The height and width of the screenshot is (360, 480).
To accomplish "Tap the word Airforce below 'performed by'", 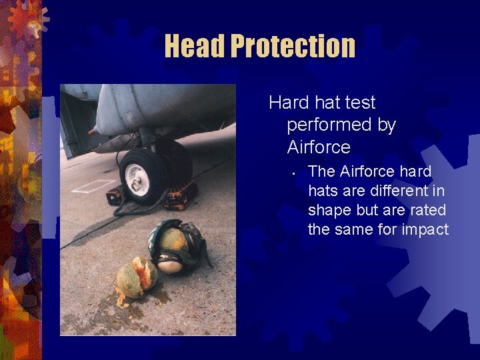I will pyautogui.click(x=319, y=145).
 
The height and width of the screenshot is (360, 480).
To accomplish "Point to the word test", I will pyautogui.click(x=360, y=103).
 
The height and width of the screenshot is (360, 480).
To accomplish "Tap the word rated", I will pyautogui.click(x=427, y=211).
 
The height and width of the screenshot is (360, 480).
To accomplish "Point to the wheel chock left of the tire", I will pyautogui.click(x=115, y=197).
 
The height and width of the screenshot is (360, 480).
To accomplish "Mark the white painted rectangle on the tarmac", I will pyautogui.click(x=93, y=186).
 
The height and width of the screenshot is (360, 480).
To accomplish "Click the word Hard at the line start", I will pyautogui.click(x=289, y=103).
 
